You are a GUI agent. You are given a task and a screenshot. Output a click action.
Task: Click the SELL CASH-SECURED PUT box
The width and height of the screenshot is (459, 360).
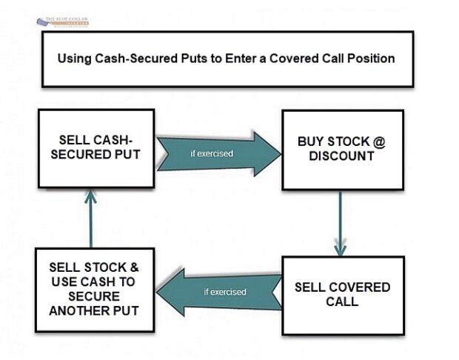(96, 147)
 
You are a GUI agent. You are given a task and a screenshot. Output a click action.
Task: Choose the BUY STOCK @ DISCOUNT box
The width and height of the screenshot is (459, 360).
(342, 150)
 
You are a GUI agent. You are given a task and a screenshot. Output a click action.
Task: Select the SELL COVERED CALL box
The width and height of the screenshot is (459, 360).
(342, 294)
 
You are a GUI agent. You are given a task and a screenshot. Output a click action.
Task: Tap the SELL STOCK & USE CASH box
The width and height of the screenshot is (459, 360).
(93, 290)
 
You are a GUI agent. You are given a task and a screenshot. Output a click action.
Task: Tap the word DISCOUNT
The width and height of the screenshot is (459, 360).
(342, 156)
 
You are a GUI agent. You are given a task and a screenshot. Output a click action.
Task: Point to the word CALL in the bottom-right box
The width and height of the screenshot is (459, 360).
(342, 301)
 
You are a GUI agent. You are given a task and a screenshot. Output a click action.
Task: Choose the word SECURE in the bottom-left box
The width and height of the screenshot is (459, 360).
(93, 296)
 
